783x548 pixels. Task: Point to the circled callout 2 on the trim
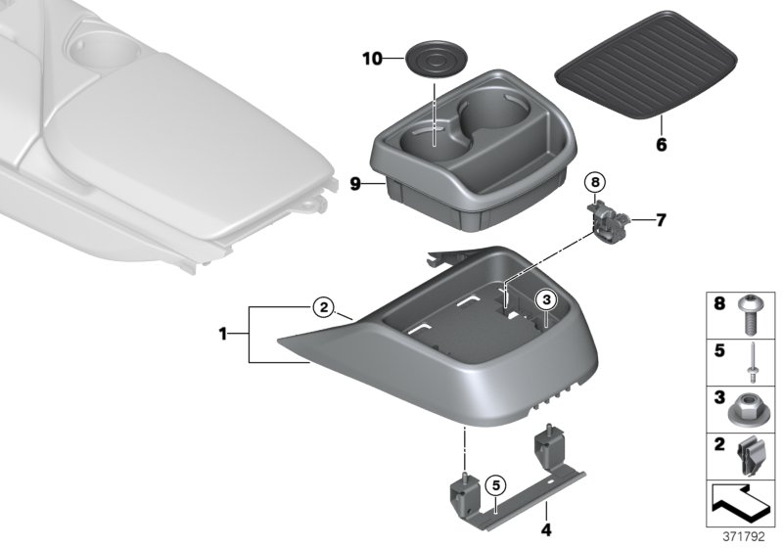click(x=324, y=307)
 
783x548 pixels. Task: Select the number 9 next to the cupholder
click(x=355, y=182)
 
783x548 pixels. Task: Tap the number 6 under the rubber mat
click(x=660, y=145)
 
